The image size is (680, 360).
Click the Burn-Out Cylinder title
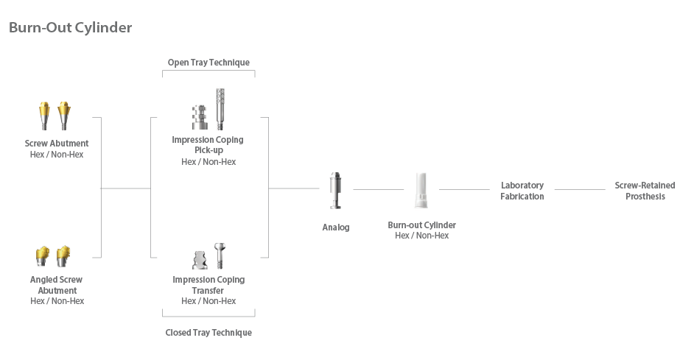point(71,28)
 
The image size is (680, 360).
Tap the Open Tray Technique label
point(208,63)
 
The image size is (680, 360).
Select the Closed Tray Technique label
point(208,333)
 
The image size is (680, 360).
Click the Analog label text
point(336,227)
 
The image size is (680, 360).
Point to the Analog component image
point(335,191)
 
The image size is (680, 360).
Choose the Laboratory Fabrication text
point(522,191)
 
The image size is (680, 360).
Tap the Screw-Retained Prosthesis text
point(645,191)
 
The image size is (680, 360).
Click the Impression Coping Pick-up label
point(208,144)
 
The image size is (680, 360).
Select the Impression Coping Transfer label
point(208,285)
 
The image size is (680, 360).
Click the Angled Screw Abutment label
point(57,285)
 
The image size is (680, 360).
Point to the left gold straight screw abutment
point(43,114)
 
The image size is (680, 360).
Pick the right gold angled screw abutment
point(64,255)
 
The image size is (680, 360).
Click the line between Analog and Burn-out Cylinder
point(379,190)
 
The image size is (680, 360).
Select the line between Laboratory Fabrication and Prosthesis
point(580,190)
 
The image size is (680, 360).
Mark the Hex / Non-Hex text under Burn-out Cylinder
point(421,236)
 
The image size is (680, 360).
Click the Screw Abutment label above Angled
point(57,144)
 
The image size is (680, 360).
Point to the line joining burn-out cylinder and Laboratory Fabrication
point(464,190)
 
